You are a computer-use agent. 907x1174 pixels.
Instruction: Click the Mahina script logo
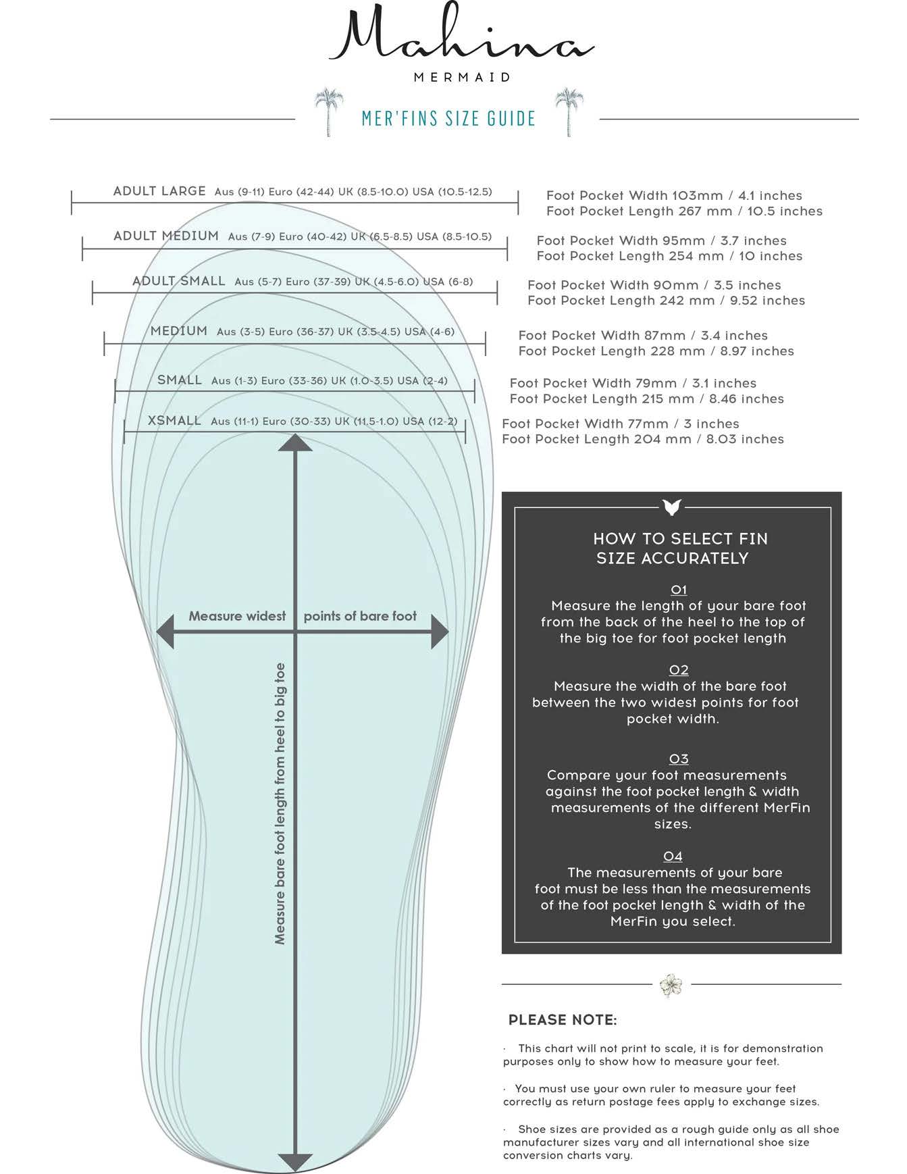(x=461, y=39)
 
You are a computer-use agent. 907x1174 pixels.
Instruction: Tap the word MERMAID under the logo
(x=462, y=78)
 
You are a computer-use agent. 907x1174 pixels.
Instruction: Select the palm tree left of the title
(x=329, y=111)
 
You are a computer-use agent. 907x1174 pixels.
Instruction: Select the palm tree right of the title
(x=569, y=111)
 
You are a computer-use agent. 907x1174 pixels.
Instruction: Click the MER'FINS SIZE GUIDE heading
(x=448, y=119)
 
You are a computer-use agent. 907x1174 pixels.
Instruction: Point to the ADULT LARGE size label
(x=159, y=191)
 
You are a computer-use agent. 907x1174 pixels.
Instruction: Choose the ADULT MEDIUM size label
(x=166, y=236)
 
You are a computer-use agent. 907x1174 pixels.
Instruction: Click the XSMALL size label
(x=174, y=421)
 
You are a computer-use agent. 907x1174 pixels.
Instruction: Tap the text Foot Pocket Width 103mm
(x=634, y=196)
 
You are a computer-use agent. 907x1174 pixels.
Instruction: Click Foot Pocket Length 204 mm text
(x=596, y=439)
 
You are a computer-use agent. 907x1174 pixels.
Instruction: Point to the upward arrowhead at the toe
(x=295, y=443)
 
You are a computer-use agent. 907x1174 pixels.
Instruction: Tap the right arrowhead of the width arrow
(x=440, y=632)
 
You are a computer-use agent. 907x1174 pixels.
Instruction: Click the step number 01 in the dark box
(x=679, y=590)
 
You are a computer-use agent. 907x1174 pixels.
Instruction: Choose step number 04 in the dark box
(x=673, y=857)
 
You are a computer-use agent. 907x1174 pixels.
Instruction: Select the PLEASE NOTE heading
(x=563, y=1020)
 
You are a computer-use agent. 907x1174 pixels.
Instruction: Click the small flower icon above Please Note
(x=671, y=984)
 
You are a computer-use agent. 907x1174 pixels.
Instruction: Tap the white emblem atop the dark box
(x=672, y=507)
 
